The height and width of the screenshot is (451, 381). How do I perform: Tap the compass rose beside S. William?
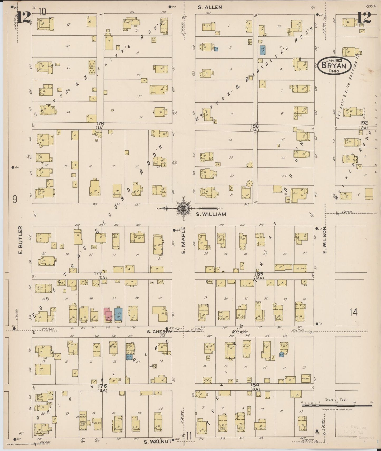pos(184,208)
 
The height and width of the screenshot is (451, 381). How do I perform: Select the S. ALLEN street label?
pos(210,7)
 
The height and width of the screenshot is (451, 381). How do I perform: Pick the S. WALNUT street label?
pos(157,441)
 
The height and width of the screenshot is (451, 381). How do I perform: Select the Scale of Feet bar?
pos(337,405)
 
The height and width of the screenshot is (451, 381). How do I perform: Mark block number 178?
pos(100,123)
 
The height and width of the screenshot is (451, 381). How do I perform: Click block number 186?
pos(255,126)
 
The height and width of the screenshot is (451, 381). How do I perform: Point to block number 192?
pos(364,123)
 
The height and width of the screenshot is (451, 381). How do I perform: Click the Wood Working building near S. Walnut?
pos(83,415)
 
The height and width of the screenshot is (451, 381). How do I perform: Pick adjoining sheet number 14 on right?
pos(353,312)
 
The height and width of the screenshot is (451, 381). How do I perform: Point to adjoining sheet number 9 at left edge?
pos(15,199)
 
